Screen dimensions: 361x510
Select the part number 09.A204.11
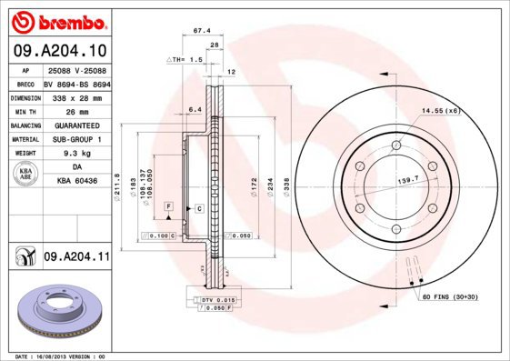tap(76, 258)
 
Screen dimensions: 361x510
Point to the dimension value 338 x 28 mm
tap(75, 95)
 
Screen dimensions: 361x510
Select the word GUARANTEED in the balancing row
tap(75, 125)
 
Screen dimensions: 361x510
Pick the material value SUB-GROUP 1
tap(75, 139)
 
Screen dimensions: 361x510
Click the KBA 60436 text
tap(76, 182)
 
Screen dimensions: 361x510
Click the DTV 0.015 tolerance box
tap(216, 299)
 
